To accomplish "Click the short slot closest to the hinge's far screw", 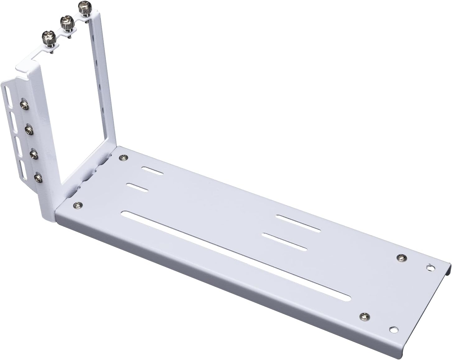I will (x=152, y=172).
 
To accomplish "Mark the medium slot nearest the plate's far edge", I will (x=298, y=223).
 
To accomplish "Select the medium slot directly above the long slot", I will (x=285, y=242).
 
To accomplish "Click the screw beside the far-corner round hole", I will (x=401, y=257).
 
